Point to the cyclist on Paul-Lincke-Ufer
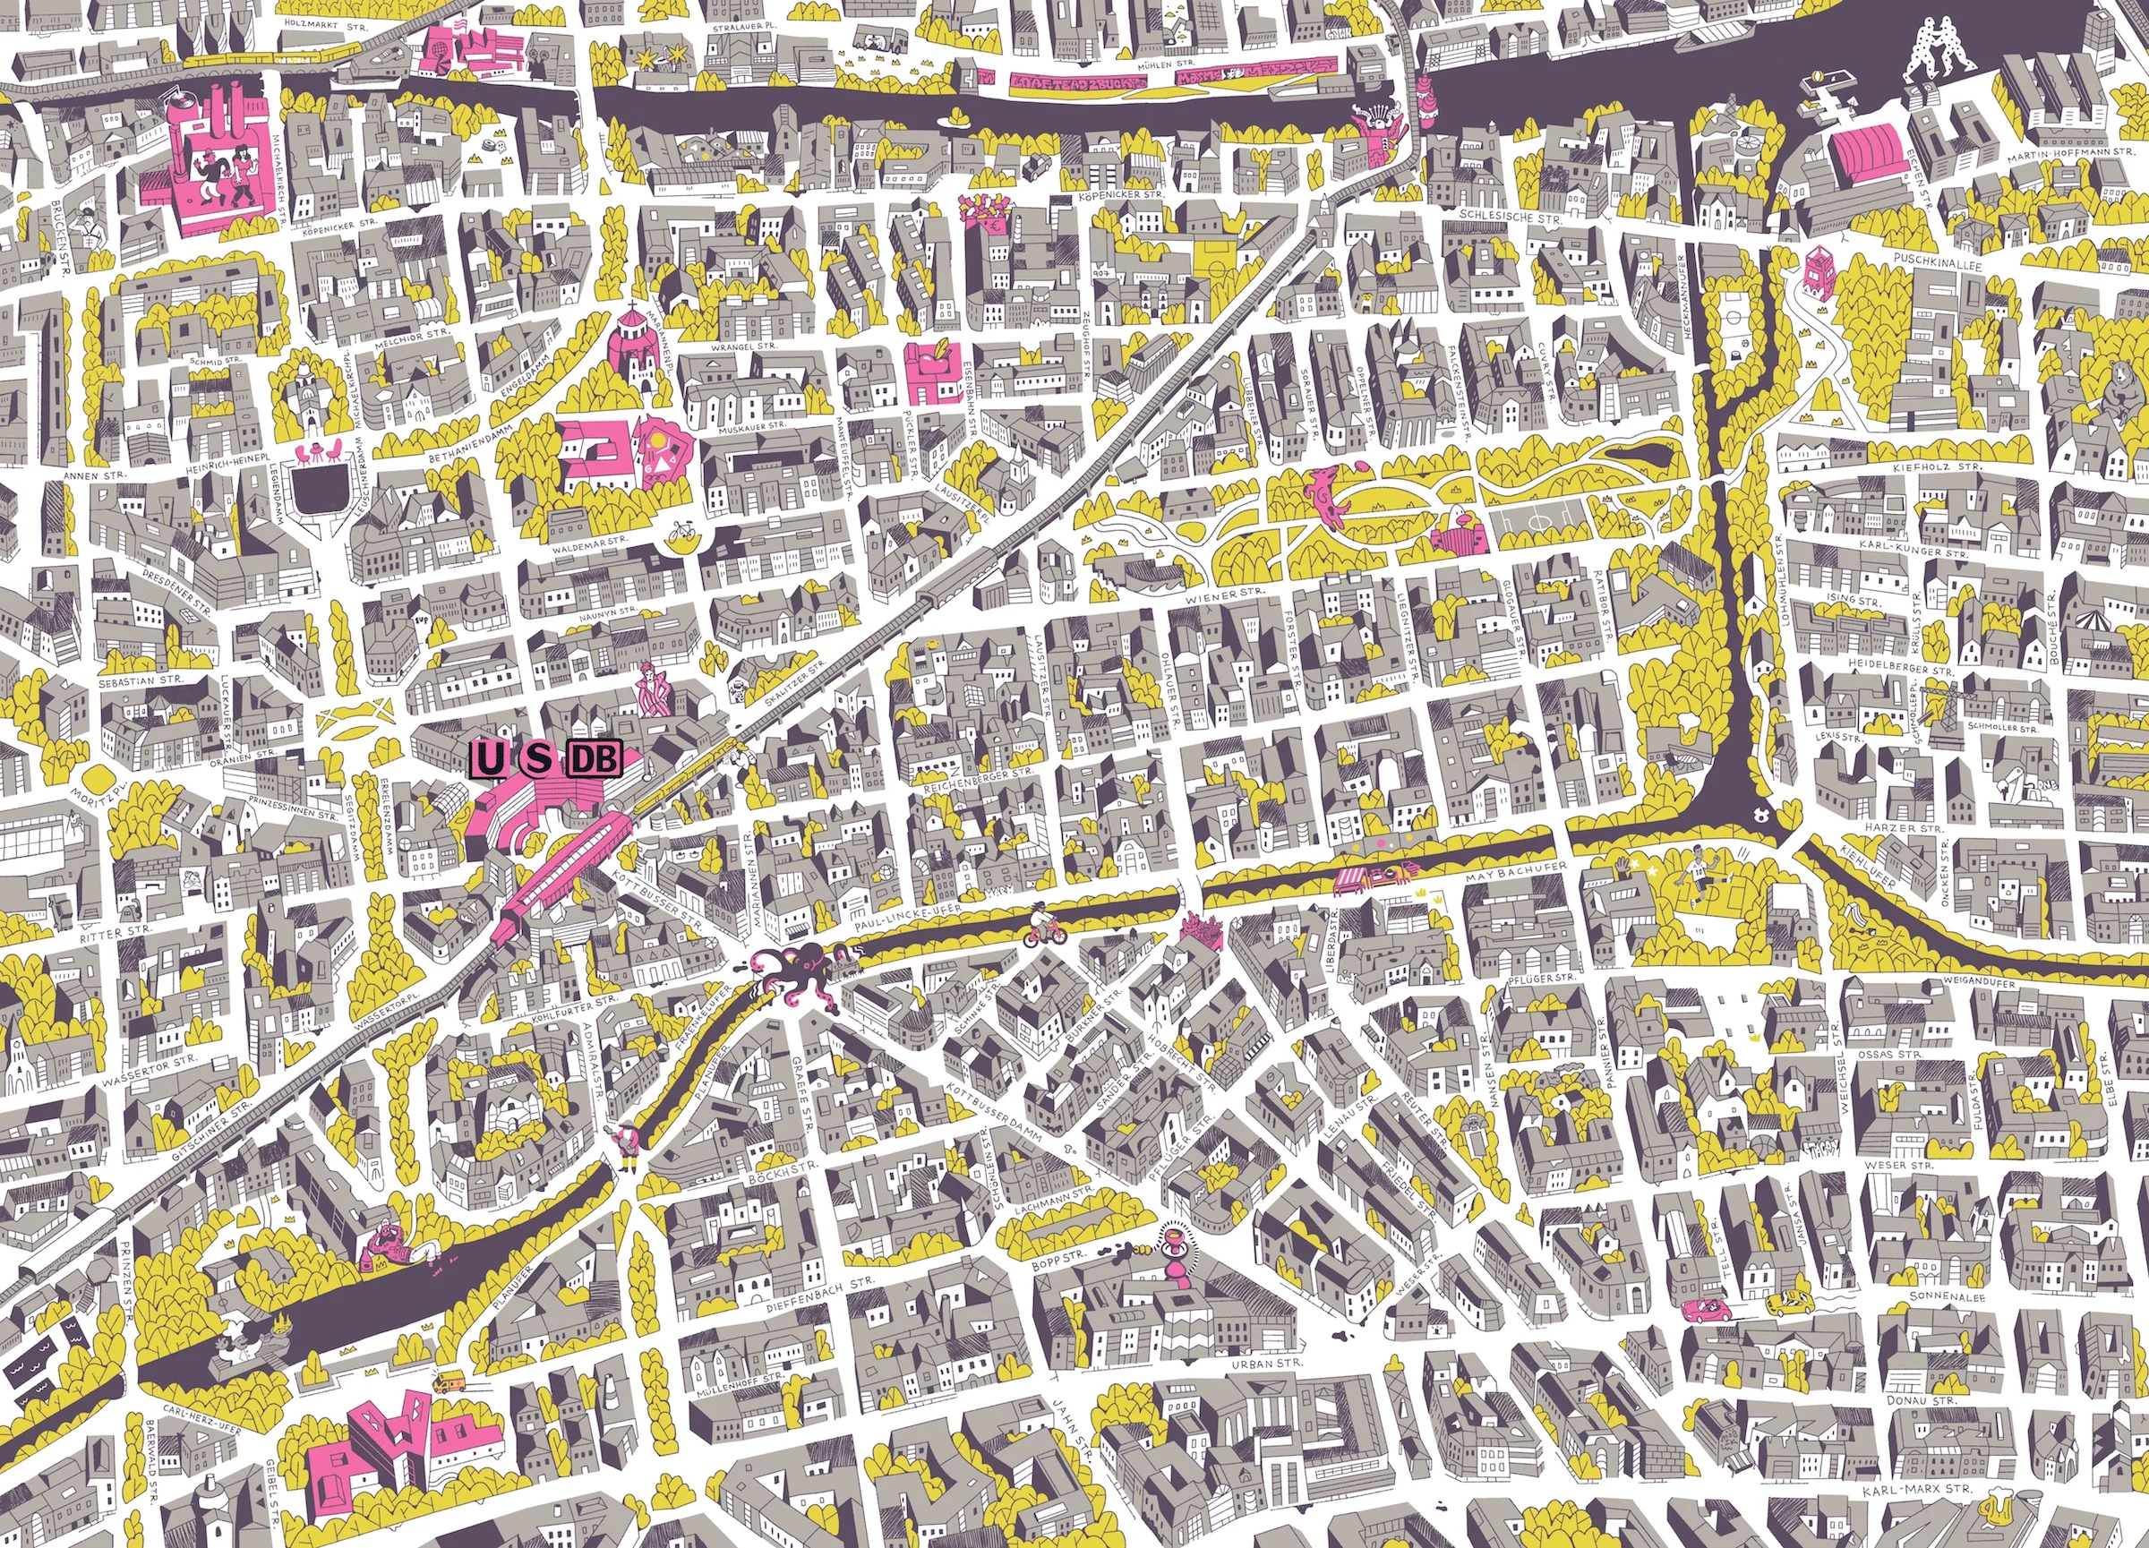[x=1044, y=924]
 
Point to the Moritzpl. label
[x=93, y=777]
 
